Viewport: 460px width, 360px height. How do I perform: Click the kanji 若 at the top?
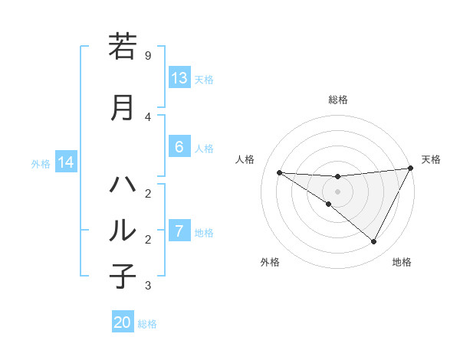[x=123, y=47]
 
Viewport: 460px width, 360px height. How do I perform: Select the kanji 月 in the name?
[x=123, y=107]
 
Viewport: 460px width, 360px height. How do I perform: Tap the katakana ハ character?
[x=123, y=185]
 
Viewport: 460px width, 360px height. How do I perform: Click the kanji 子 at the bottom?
[x=123, y=277]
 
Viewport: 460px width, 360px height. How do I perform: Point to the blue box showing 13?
[x=179, y=78]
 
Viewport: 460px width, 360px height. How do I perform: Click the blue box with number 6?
[x=179, y=147]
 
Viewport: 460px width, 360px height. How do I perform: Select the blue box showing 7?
[x=179, y=231]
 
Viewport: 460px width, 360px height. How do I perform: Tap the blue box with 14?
[x=66, y=162]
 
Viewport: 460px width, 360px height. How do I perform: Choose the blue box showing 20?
[x=123, y=322]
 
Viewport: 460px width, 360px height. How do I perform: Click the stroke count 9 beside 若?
[x=148, y=56]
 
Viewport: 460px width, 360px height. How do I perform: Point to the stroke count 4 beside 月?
[x=148, y=116]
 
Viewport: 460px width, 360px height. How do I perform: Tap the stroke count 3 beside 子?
[x=148, y=286]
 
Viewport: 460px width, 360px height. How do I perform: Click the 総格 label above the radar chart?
[x=337, y=100]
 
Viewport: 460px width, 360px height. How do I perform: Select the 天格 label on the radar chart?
[x=431, y=159]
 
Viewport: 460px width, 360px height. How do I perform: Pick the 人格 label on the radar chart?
[x=245, y=159]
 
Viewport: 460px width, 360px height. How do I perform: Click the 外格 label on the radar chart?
[x=270, y=263]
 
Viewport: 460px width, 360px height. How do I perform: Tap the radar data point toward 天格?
[x=411, y=169]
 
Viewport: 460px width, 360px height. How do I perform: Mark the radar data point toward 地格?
[x=374, y=242]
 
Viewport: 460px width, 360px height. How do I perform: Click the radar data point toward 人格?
[x=279, y=172]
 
